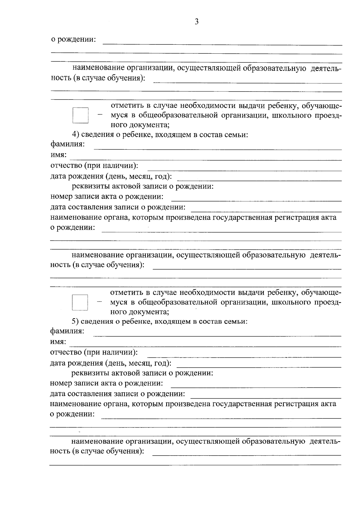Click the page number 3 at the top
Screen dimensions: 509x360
tap(196, 22)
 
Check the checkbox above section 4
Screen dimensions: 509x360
tap(80, 115)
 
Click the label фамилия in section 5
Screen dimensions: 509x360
tap(67, 331)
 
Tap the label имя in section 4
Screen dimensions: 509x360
tap(58, 155)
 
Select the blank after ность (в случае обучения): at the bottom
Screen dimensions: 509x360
tap(247, 454)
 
